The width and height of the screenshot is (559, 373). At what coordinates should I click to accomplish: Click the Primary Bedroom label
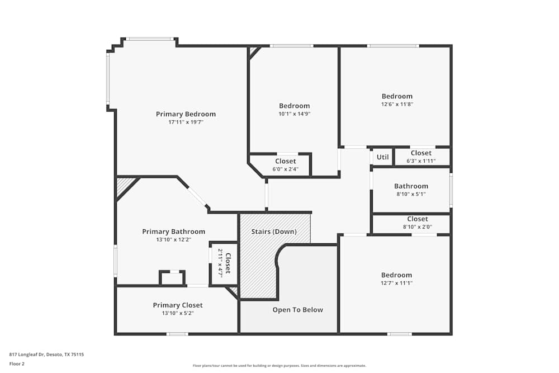[186, 114]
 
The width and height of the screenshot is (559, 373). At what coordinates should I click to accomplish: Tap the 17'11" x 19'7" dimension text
[186, 122]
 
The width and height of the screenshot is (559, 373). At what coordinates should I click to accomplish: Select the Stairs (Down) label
[274, 232]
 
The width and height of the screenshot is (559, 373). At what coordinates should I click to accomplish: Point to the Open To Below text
[297, 310]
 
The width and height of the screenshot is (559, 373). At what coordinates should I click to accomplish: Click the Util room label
[382, 157]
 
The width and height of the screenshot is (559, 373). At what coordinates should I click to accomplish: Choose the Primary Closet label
[178, 305]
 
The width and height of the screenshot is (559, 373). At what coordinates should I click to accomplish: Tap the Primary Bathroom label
[173, 232]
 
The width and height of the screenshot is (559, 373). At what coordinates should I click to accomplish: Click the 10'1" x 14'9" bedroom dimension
[294, 114]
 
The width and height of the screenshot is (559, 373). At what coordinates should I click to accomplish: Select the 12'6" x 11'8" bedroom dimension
[397, 104]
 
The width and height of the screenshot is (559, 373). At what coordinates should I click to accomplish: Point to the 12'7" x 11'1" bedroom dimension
[396, 283]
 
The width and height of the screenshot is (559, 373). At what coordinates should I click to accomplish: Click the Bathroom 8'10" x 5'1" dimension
[411, 194]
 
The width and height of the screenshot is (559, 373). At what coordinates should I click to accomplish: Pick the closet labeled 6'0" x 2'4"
[285, 169]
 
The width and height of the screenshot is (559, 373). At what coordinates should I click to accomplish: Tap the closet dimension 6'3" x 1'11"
[420, 161]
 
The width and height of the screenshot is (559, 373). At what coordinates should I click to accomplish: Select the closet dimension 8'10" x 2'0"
[417, 227]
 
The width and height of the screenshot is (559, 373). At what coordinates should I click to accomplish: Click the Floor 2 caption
[17, 363]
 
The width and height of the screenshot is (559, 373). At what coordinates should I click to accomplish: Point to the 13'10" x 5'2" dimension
[178, 313]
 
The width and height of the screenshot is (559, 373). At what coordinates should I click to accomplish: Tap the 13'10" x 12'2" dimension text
[173, 239]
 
